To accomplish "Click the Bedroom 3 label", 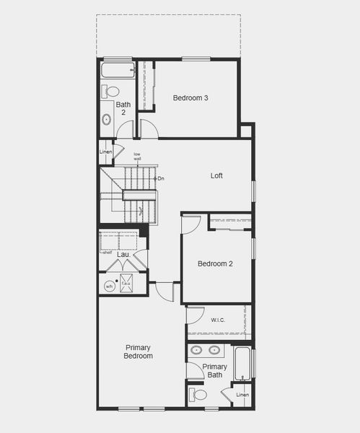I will [190, 98].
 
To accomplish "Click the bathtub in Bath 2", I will [118, 71].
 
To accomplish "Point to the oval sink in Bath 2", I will [107, 120].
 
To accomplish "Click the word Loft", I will [216, 175].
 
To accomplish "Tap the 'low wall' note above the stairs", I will [137, 156].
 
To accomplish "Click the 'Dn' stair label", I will [160, 178].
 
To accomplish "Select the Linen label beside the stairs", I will [106, 152].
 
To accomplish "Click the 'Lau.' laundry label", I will [123, 254].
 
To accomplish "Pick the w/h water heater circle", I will [110, 286].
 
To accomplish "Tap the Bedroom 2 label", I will [215, 263].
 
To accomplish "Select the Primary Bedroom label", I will [138, 351].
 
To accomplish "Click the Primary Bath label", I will [214, 370].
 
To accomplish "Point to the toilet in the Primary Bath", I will [198, 395].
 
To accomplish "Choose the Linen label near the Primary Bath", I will [242, 395].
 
